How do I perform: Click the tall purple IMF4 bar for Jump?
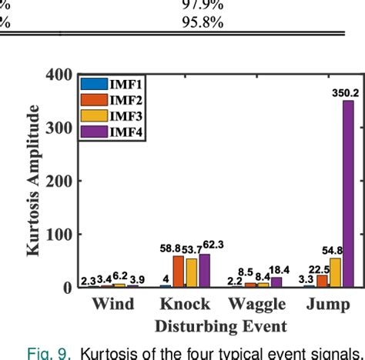(348, 192)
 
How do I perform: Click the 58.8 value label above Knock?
(171, 248)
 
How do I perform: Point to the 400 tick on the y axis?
(59, 75)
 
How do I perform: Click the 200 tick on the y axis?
(59, 182)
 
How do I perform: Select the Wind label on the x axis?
(113, 305)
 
